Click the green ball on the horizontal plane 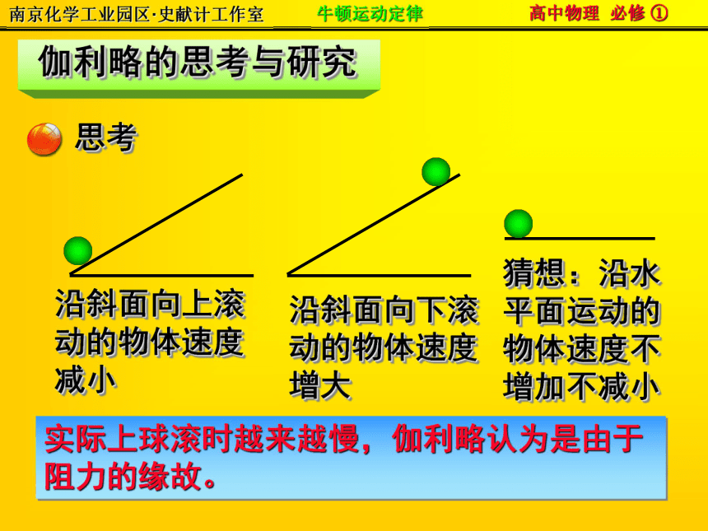point(519,223)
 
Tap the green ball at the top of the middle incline point(436,172)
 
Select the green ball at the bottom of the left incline point(78,250)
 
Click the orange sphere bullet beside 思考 point(44,139)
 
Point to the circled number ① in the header point(659,13)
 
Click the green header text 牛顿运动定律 point(370,13)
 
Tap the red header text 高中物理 point(565,13)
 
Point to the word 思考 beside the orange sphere point(106,137)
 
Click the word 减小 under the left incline point(86,380)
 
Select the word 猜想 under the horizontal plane point(534,272)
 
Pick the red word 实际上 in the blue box point(91,439)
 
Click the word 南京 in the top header point(26,15)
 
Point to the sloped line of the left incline point(156,225)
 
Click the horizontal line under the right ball point(580,239)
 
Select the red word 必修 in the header point(627,13)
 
